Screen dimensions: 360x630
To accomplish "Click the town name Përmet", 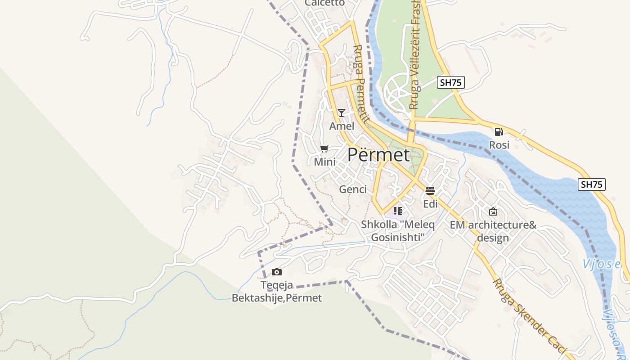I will [378, 155].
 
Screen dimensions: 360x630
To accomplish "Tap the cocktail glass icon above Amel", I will [342, 112].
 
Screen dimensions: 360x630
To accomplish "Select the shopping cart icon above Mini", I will [324, 148].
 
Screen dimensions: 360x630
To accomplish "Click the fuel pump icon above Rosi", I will [499, 131].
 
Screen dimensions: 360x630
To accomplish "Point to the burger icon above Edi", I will [430, 190].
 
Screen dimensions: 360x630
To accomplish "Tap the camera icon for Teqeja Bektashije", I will [277, 272].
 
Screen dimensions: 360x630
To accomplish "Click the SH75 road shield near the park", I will [450, 82].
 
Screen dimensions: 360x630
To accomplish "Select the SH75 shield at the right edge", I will [591, 184].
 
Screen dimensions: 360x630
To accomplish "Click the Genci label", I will [353, 189].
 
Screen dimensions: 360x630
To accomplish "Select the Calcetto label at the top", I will [324, 3].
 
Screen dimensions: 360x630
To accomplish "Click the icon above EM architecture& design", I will [493, 211].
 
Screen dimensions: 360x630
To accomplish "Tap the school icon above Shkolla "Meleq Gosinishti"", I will [397, 210].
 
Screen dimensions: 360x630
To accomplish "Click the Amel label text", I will [342, 126].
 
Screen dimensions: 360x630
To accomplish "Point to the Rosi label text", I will [499, 145].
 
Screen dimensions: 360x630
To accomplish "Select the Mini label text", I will [324, 162].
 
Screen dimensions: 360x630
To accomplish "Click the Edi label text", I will [430, 204].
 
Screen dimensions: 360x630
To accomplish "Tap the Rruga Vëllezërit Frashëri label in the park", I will [414, 54].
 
